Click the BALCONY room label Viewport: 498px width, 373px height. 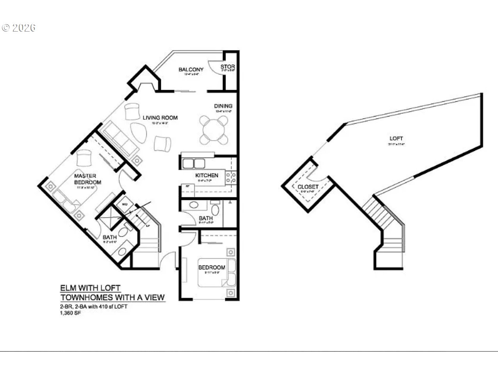(191, 70)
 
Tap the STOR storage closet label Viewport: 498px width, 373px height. (228, 67)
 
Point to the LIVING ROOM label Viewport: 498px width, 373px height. (160, 118)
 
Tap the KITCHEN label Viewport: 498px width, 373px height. (206, 175)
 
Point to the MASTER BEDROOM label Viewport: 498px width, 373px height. (87, 179)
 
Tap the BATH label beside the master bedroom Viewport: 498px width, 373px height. (110, 237)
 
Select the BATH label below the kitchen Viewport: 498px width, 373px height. (206, 218)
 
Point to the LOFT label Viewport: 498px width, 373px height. (396, 138)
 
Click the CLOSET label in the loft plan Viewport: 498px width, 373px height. (308, 187)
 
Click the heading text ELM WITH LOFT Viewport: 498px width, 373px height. (90, 288)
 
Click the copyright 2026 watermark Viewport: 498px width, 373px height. (19, 28)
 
